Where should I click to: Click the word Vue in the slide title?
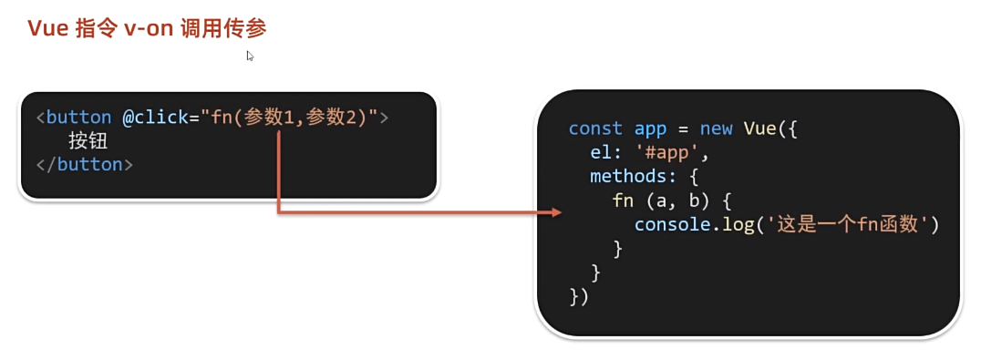(x=46, y=29)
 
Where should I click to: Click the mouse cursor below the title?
(x=250, y=57)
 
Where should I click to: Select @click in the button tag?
(x=155, y=118)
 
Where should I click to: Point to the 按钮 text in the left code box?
(x=88, y=141)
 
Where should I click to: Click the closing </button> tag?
(x=85, y=165)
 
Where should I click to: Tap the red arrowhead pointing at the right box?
(x=556, y=213)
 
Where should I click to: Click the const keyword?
(x=595, y=129)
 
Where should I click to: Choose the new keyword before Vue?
(x=716, y=129)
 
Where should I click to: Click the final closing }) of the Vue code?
(x=579, y=296)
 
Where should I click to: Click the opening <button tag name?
(x=74, y=118)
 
